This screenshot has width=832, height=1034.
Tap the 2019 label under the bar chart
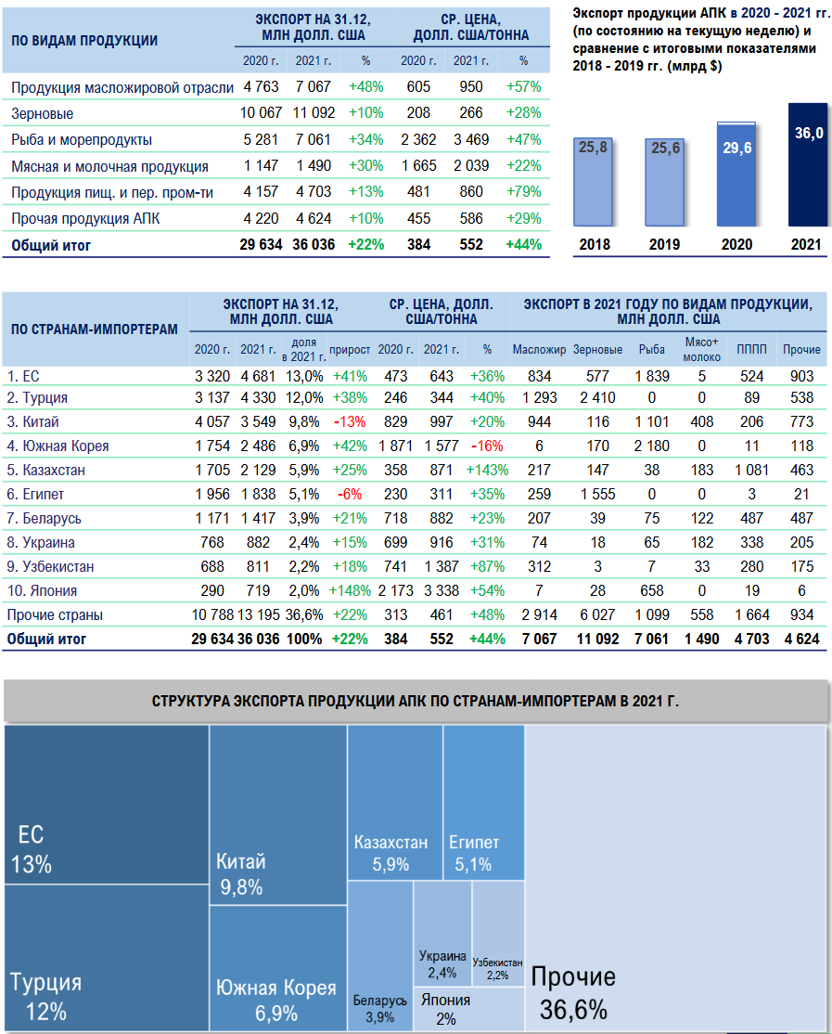point(665,245)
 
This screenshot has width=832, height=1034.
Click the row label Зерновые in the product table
point(43,113)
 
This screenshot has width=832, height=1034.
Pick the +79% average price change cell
point(523,193)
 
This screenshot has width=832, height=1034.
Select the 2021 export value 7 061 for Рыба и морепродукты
point(313,140)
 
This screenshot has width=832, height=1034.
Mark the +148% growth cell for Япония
point(350,590)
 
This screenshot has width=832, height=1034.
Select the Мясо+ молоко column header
point(701,350)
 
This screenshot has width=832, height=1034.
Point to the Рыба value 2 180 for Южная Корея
point(651,446)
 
